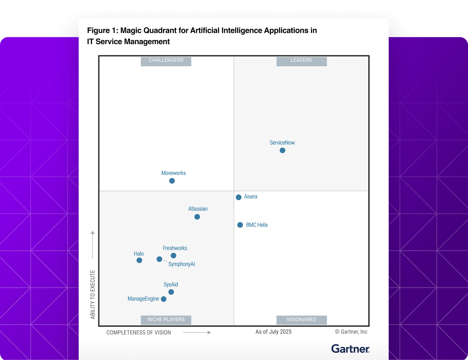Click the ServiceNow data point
click(x=282, y=150)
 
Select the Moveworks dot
click(x=172, y=181)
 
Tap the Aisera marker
click(x=239, y=197)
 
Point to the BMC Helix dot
click(x=240, y=225)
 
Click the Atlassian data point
click(x=197, y=217)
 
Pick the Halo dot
click(x=139, y=260)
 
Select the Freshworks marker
click(x=173, y=255)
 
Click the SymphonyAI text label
click(x=181, y=264)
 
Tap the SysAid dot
click(x=171, y=292)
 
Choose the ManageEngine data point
click(x=164, y=299)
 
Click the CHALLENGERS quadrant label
click(x=166, y=60)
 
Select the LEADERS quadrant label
click(x=301, y=60)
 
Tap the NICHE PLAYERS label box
click(x=166, y=320)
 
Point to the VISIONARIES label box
click(x=301, y=320)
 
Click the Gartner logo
click(x=350, y=349)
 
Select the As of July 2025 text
click(x=273, y=332)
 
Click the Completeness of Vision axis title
click(x=139, y=333)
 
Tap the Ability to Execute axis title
click(x=93, y=295)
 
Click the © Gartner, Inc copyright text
click(x=351, y=332)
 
